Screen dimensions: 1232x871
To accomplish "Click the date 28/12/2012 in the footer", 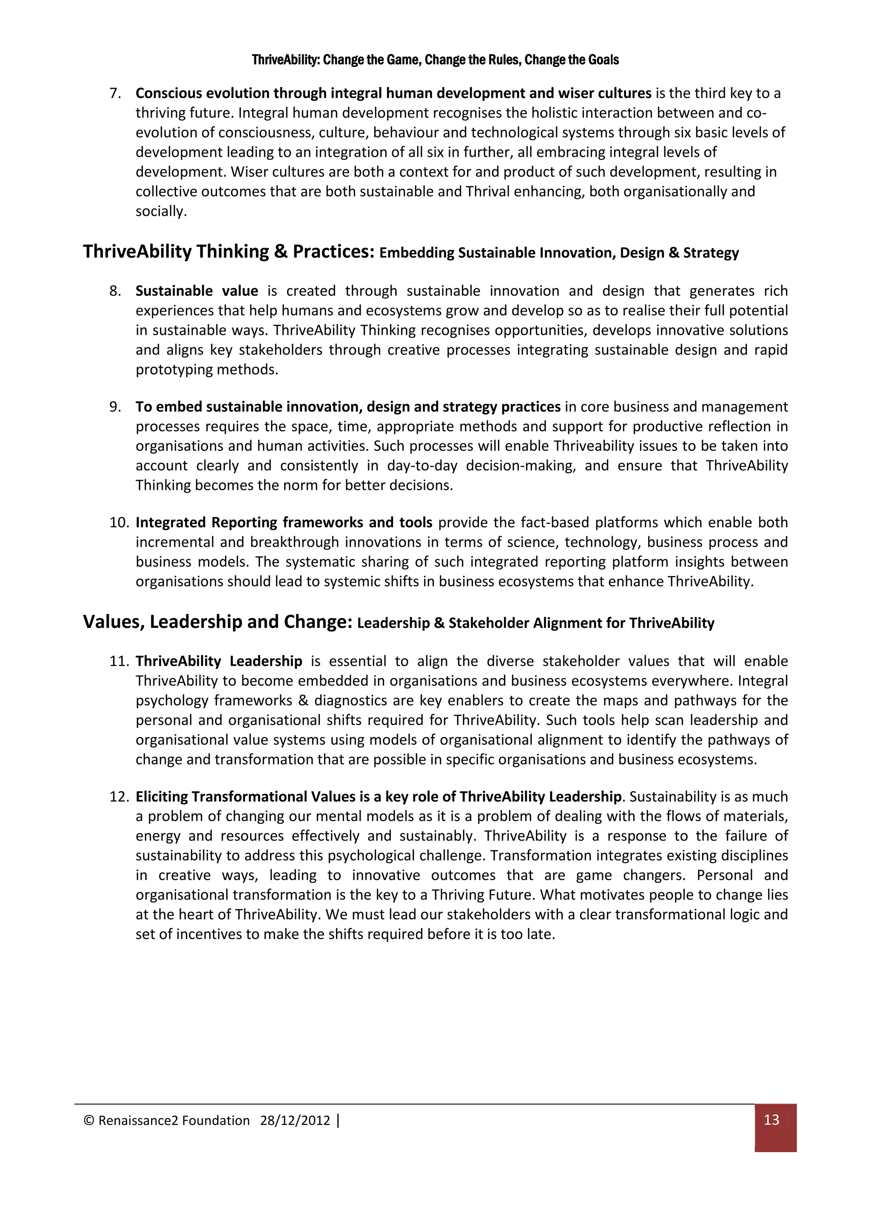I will click(295, 1120).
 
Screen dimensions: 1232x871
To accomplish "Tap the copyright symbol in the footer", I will click(88, 1120).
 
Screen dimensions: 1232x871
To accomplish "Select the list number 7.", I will click(115, 94).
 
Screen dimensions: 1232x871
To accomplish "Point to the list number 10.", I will click(119, 522).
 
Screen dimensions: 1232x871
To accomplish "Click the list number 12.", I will click(119, 796).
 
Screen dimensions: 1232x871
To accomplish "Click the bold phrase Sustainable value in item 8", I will click(196, 291).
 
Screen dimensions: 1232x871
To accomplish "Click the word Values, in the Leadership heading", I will click(114, 622).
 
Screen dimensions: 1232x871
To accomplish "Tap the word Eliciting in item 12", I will click(161, 796).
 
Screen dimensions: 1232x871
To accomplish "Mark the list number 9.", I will click(115, 407).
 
